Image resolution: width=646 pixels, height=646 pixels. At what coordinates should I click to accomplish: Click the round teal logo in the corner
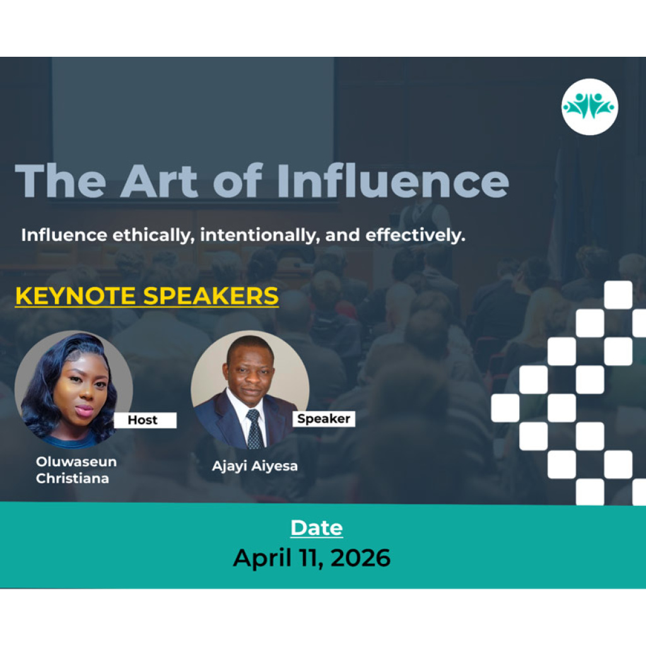tap(590, 107)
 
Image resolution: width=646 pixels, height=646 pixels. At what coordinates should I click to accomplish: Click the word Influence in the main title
tap(393, 181)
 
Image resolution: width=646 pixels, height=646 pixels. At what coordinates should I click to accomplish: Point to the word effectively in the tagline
tap(415, 235)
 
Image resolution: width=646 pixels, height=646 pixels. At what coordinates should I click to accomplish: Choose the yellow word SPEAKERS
tap(211, 296)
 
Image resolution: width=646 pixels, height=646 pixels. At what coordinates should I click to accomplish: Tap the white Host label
tap(144, 420)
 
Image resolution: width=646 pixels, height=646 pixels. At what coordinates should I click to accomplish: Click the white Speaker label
tap(324, 419)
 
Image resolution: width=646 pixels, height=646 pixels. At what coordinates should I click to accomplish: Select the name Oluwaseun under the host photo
tap(76, 461)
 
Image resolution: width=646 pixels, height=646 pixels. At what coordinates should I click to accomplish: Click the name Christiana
tap(73, 478)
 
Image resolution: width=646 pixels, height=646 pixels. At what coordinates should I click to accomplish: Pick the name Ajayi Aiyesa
tap(255, 466)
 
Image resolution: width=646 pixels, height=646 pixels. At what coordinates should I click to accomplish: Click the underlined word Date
tap(317, 528)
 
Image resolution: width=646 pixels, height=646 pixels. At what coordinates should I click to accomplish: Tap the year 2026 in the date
tap(360, 558)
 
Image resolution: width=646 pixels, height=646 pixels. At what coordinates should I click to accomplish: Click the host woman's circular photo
tap(74, 389)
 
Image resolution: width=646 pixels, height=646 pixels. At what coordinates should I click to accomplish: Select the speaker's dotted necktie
tap(255, 429)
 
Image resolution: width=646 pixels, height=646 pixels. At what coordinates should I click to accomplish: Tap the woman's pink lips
tap(85, 410)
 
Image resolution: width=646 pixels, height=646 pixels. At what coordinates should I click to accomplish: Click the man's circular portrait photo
tap(250, 389)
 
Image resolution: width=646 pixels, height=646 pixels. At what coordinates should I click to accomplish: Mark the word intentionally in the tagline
tap(259, 235)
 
